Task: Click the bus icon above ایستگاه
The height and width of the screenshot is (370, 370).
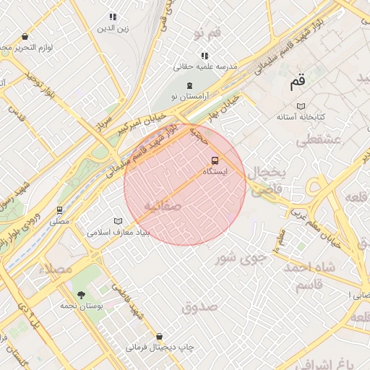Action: (214, 160)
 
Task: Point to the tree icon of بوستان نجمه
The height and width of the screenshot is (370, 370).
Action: (80, 294)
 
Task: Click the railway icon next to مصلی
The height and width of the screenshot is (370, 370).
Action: (59, 210)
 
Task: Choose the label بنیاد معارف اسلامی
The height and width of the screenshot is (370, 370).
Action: (118, 233)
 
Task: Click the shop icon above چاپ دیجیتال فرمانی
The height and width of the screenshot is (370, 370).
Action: (160, 336)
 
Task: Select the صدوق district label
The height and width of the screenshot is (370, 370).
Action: (200, 307)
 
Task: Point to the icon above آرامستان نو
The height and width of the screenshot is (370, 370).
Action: (189, 85)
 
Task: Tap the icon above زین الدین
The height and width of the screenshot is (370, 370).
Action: (112, 17)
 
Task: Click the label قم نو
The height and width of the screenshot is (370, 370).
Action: (207, 34)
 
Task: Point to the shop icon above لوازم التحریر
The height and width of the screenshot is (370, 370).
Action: (25, 36)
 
